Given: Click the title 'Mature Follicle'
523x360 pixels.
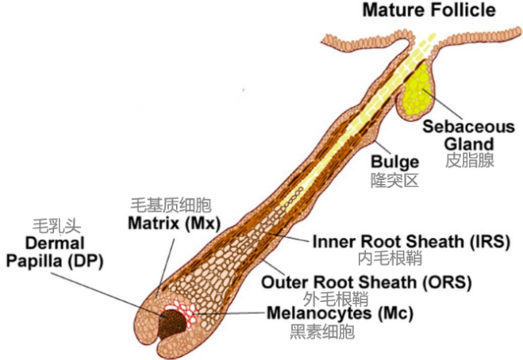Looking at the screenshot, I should pyautogui.click(x=427, y=10).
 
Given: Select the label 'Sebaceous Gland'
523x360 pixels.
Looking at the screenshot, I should pyautogui.click(x=468, y=135).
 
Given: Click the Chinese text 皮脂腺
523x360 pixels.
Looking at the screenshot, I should pyautogui.click(x=470, y=159).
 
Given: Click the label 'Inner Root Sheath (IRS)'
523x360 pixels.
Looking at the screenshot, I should pyautogui.click(x=411, y=240).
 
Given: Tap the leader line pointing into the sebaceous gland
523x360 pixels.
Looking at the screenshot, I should pyautogui.click(x=442, y=107).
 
